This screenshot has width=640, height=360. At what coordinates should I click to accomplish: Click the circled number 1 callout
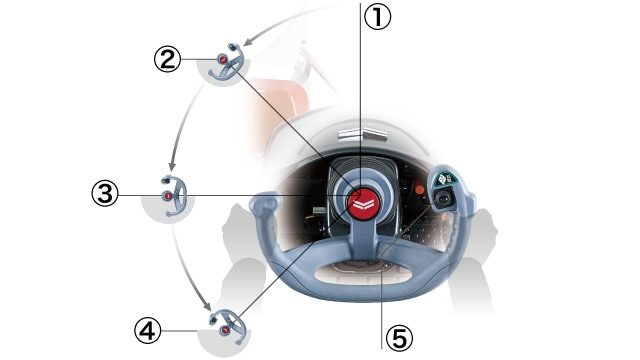378,16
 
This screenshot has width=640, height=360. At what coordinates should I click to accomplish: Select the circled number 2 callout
167,59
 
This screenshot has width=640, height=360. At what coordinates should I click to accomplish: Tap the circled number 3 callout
105,193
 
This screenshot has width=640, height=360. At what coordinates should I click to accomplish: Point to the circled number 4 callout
148,331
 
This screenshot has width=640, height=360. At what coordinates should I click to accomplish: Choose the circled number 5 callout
400,338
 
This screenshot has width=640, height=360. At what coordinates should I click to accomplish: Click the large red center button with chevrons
363,204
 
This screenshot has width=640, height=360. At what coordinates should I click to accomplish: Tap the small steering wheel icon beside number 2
227,61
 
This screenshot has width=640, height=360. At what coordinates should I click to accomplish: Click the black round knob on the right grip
443,200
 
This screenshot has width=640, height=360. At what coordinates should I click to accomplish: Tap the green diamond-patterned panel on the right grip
444,178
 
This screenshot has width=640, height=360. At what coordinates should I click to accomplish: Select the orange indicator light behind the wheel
419,190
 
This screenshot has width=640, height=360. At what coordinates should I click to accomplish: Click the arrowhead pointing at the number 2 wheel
247,42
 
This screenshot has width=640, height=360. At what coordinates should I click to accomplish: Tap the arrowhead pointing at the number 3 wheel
172,166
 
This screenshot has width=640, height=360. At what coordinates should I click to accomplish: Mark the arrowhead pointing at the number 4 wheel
207,306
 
